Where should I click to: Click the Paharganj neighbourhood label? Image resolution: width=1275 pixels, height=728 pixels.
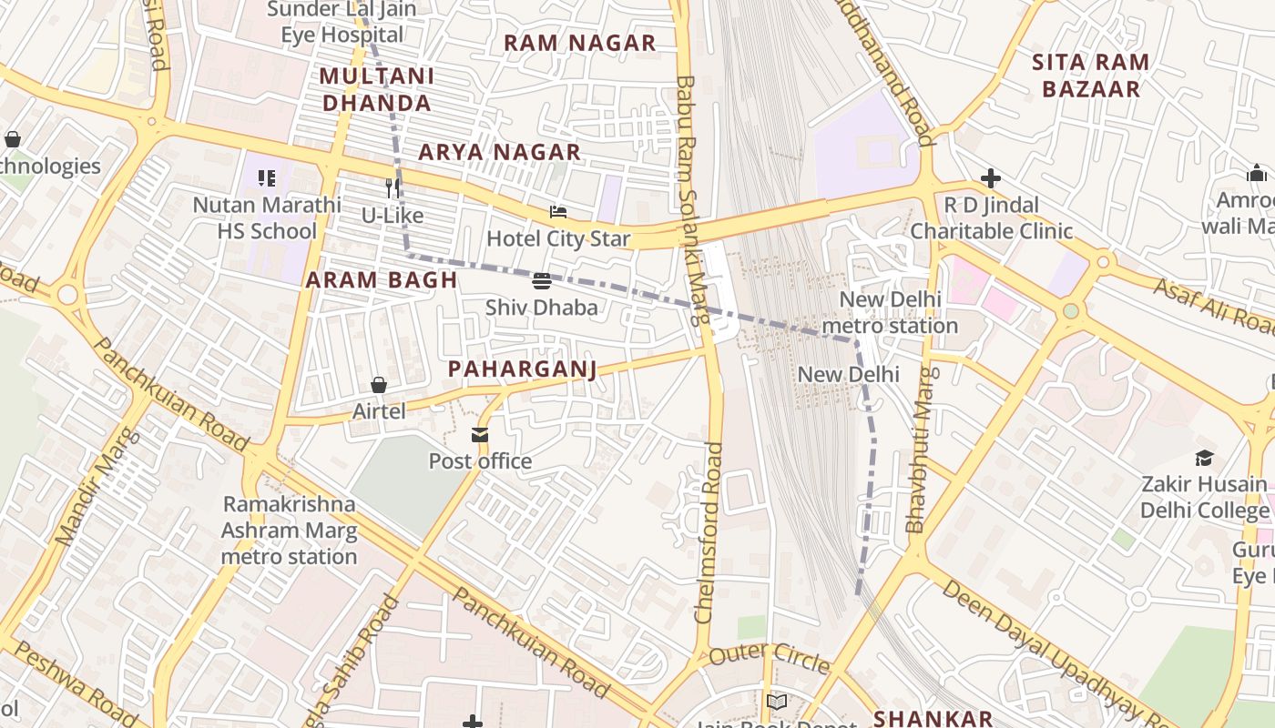(x=522, y=369)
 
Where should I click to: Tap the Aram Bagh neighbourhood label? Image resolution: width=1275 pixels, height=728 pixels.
(x=382, y=280)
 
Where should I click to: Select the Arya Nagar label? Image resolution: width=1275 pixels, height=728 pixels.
(x=499, y=152)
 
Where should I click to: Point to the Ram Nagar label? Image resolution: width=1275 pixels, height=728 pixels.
(x=579, y=43)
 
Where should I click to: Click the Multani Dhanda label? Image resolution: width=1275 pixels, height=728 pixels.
(x=377, y=89)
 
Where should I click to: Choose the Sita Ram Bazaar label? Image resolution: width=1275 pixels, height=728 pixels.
(x=1090, y=76)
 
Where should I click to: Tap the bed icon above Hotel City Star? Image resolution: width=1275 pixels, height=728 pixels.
(x=558, y=212)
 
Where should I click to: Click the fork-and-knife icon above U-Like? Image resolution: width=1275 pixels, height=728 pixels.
(x=393, y=188)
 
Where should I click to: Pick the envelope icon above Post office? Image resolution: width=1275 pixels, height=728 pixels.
(x=480, y=435)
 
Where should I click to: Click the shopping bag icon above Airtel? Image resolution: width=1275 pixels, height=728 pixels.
(x=379, y=385)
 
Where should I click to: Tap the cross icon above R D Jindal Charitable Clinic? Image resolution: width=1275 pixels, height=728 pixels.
(x=991, y=178)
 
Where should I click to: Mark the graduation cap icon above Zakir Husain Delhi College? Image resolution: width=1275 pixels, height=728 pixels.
(x=1205, y=458)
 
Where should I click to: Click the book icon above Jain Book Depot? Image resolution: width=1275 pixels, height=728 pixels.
(x=776, y=702)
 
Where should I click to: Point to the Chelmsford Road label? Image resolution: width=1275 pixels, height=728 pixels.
(x=709, y=532)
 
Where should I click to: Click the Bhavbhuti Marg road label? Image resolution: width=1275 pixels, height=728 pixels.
(x=920, y=450)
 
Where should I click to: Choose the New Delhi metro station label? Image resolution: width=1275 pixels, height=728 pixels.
(x=890, y=312)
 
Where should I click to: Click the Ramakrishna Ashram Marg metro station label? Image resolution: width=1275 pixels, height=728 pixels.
(x=289, y=531)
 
